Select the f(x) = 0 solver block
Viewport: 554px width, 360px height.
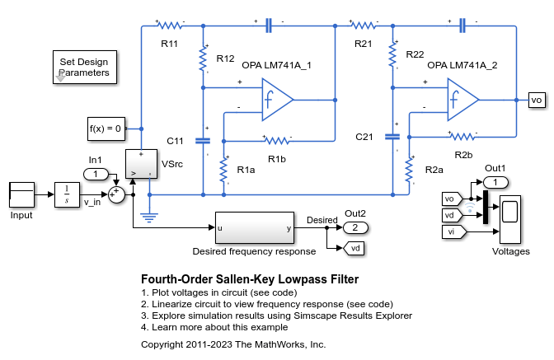click(x=106, y=129)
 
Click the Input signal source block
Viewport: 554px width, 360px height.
click(x=21, y=194)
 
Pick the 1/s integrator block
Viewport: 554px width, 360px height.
click(x=66, y=194)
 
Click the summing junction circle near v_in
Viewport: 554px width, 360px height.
click(x=117, y=194)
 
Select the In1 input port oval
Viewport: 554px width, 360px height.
click(x=96, y=174)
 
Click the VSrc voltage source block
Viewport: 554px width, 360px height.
click(x=140, y=164)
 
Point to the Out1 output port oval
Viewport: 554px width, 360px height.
click(x=495, y=182)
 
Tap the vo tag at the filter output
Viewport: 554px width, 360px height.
click(x=537, y=100)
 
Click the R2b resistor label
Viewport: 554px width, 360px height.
click(x=463, y=154)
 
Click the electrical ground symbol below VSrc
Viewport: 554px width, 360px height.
click(x=149, y=217)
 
